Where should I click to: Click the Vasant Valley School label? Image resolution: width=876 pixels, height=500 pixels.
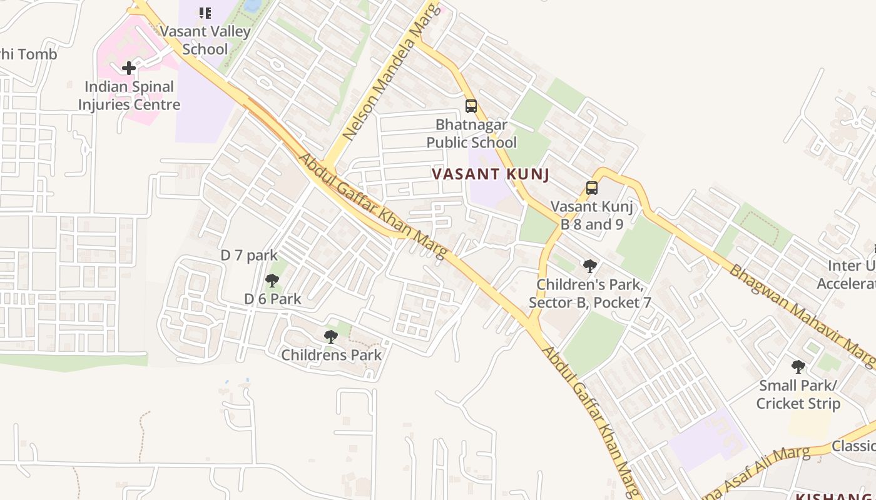[205, 40]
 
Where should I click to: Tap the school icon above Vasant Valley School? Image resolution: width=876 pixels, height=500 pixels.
[205, 12]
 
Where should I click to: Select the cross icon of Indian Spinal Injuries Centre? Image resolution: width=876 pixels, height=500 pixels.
[129, 67]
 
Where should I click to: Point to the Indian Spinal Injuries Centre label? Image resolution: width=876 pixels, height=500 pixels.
[129, 96]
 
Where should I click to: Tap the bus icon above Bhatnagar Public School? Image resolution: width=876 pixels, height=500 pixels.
[471, 106]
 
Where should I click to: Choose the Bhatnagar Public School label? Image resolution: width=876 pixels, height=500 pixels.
[472, 134]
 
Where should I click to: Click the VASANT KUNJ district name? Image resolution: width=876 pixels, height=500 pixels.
[491, 174]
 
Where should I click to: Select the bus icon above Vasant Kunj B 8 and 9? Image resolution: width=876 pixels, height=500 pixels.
[592, 187]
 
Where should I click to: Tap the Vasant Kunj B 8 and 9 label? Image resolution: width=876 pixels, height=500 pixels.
[592, 215]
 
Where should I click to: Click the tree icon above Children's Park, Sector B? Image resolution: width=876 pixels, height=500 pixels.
[589, 266]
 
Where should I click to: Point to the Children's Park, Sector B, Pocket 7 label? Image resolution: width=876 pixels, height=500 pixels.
[590, 294]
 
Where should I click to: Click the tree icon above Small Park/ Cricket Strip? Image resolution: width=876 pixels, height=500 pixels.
[798, 366]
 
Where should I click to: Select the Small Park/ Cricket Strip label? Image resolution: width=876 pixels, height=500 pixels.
[798, 394]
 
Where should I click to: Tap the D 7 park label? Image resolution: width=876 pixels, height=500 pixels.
[249, 255]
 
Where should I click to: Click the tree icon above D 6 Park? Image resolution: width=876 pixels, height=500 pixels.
[272, 281]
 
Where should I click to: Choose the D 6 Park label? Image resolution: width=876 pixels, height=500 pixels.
[273, 299]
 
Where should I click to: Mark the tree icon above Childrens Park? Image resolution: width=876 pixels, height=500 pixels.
[331, 337]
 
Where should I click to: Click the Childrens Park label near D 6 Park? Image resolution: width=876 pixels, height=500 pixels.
[331, 355]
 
